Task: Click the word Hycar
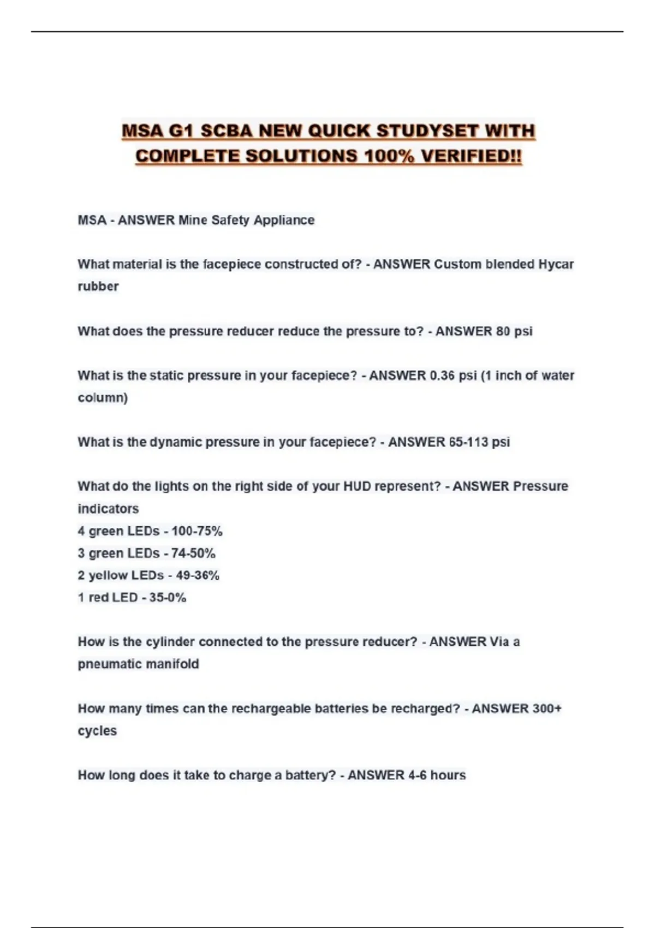556,265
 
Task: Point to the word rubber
98,287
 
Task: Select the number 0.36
442,376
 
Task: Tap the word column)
103,398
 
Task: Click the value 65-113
468,442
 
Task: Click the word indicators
108,509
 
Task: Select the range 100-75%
197,531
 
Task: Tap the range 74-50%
193,554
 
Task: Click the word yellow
109,576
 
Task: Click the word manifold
175,664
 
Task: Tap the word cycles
97,731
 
